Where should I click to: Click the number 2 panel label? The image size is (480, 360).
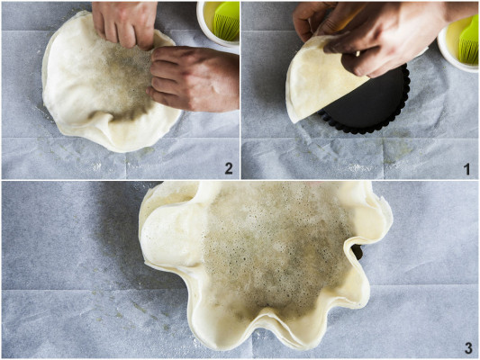[x=229, y=168]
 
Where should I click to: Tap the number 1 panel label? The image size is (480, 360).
[x=467, y=169]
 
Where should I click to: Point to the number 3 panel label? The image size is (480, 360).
[x=468, y=348]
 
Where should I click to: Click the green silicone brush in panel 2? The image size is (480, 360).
[x=226, y=22]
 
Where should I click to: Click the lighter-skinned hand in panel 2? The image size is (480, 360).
[x=125, y=22]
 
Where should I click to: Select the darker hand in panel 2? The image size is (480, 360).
[x=193, y=79]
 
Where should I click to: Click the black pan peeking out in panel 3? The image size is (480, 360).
[x=357, y=252]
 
